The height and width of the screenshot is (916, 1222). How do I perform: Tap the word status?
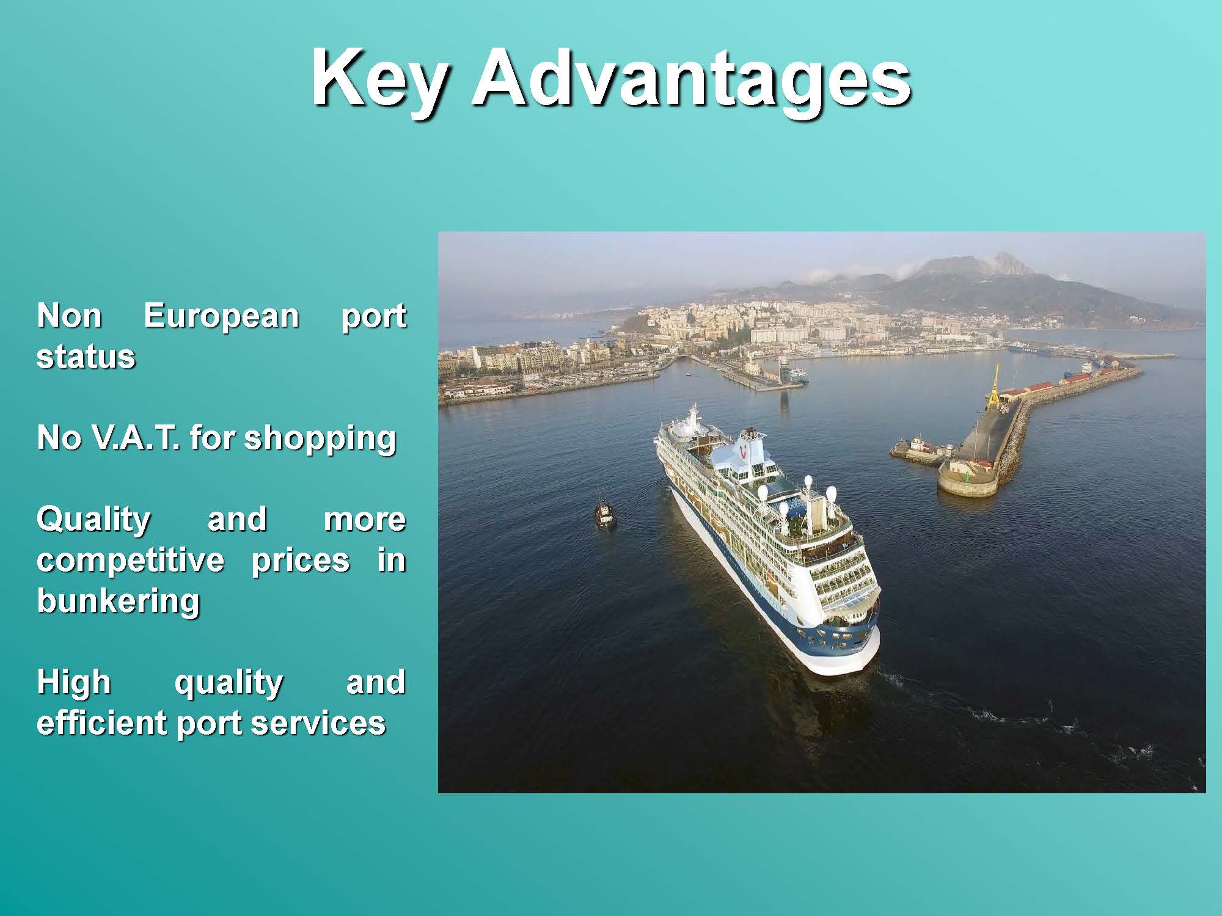[86, 357]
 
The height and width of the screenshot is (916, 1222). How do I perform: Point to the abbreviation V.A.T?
[136, 438]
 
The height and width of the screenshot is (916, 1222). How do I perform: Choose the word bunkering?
[119, 602]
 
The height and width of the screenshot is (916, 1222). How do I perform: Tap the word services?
[318, 723]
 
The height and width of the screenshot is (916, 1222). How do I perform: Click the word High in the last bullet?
[74, 683]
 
